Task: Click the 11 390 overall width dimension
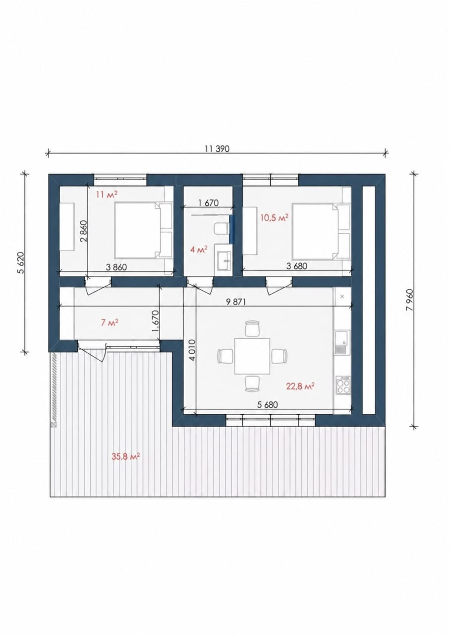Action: point(218,148)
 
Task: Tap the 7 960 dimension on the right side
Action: point(409,300)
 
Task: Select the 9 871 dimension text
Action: point(236,302)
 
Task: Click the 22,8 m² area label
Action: point(301,386)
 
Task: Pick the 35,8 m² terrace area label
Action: point(126,457)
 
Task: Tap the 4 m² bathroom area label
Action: point(199,250)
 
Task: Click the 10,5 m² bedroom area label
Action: point(275,218)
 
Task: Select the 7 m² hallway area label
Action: point(110,322)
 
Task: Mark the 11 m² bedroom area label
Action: point(106,195)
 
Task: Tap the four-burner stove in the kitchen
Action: point(343,385)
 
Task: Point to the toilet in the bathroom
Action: point(222,229)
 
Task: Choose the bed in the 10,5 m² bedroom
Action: point(321,231)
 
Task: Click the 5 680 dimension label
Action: point(268,405)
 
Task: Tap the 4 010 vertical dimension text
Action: point(192,350)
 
